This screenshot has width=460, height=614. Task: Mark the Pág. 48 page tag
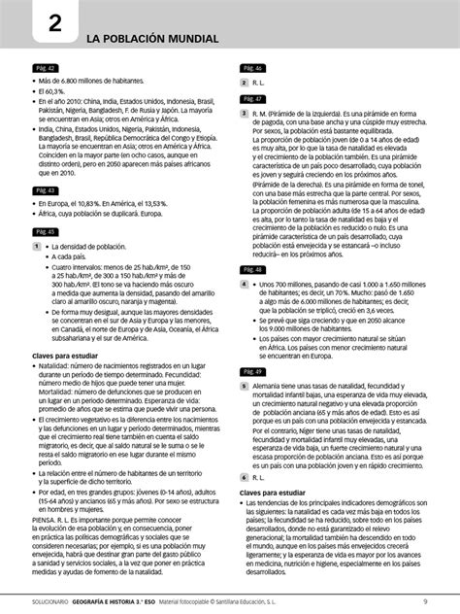[x=253, y=269]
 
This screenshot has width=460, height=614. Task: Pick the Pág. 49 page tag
[x=253, y=372]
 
